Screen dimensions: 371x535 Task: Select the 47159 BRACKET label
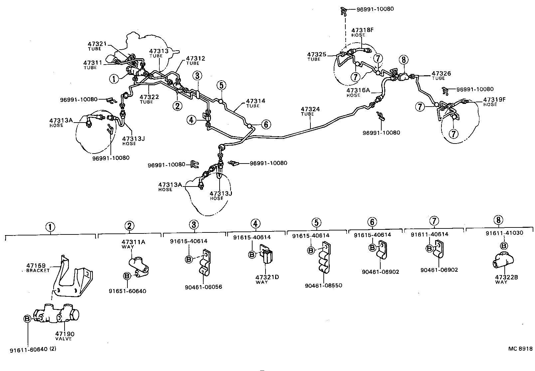click(38, 268)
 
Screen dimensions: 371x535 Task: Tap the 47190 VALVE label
click(65, 336)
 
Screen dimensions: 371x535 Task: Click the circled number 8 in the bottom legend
click(498, 220)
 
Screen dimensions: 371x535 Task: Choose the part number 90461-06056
click(204, 287)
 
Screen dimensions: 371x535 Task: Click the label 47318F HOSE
click(362, 32)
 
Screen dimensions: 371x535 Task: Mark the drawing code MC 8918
click(520, 349)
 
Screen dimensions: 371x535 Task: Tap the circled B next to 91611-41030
click(504, 246)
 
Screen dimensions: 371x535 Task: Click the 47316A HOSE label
click(358, 92)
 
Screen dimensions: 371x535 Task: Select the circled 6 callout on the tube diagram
click(266, 125)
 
